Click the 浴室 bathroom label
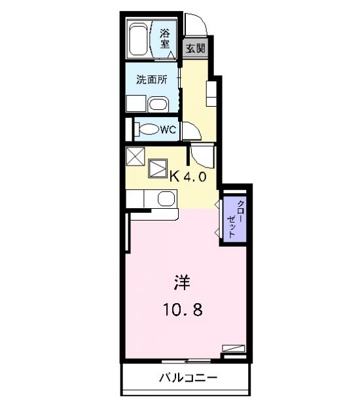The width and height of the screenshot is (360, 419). pyautogui.click(x=165, y=39)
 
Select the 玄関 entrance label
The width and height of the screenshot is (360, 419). pyautogui.click(x=196, y=48)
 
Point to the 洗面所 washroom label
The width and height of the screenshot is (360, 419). pyautogui.click(x=152, y=80)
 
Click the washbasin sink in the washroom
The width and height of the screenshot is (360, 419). pyautogui.click(x=158, y=104)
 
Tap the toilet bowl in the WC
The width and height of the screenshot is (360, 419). pyautogui.click(x=147, y=129)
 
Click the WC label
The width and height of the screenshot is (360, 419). pyautogui.click(x=168, y=130)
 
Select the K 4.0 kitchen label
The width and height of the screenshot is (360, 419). pyautogui.click(x=189, y=177)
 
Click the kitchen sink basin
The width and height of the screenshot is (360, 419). pyautogui.click(x=166, y=198)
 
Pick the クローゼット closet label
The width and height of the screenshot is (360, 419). pyautogui.click(x=235, y=219)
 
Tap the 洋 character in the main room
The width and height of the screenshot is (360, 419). pyautogui.click(x=182, y=283)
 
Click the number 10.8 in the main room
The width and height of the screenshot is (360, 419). pyautogui.click(x=183, y=310)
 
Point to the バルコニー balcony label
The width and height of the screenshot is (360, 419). pyautogui.click(x=189, y=378)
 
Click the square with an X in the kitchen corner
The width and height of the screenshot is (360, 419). pyautogui.click(x=135, y=156)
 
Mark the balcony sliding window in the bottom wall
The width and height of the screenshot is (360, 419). pyautogui.click(x=186, y=361)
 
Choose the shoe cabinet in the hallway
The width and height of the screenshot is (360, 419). pyautogui.click(x=211, y=94)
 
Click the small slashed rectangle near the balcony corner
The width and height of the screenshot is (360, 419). pyautogui.click(x=234, y=348)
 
